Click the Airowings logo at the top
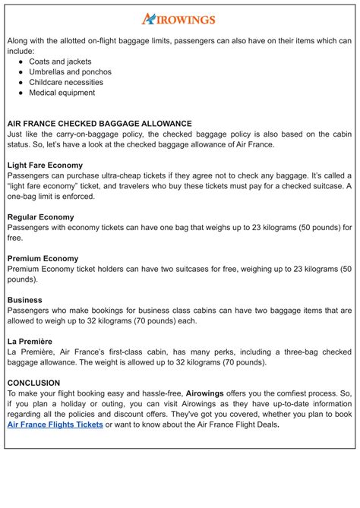click(x=178, y=19)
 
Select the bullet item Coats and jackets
click(x=60, y=62)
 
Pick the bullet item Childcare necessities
click(x=66, y=82)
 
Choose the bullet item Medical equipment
click(x=62, y=93)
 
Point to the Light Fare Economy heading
click(x=45, y=165)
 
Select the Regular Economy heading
click(x=41, y=217)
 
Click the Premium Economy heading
click(x=43, y=259)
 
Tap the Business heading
click(x=25, y=300)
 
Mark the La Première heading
click(x=30, y=342)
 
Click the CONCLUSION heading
click(x=33, y=383)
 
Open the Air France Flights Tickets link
click(x=55, y=425)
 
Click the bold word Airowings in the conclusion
click(x=210, y=394)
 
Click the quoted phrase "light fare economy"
click(x=46, y=186)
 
